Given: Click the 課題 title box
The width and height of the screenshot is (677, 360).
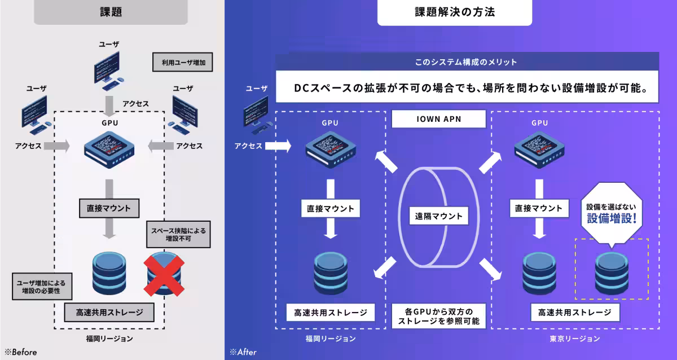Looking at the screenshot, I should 111,11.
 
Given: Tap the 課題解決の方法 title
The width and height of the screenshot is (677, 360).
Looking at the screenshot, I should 454,12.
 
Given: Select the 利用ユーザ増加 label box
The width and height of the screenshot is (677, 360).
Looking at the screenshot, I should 182,62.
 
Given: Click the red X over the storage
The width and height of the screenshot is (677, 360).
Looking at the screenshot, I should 165,274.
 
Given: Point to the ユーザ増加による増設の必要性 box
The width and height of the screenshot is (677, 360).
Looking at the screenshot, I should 41,286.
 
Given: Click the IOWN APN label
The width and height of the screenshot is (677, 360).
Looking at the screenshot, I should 439,119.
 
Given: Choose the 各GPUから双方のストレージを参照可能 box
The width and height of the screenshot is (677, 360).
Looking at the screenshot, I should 439,316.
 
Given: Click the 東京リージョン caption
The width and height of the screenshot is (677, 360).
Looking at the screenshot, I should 574,339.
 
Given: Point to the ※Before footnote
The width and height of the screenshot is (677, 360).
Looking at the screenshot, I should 21,352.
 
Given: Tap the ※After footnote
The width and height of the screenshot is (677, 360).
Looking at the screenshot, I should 243,352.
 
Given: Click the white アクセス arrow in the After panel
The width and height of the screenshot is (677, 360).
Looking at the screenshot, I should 278,146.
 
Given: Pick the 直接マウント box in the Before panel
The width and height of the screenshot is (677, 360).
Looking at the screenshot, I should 109,208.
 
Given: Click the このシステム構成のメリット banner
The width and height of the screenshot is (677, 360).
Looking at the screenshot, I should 467,62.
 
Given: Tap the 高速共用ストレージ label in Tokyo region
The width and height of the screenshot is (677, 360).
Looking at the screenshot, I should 574,312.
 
